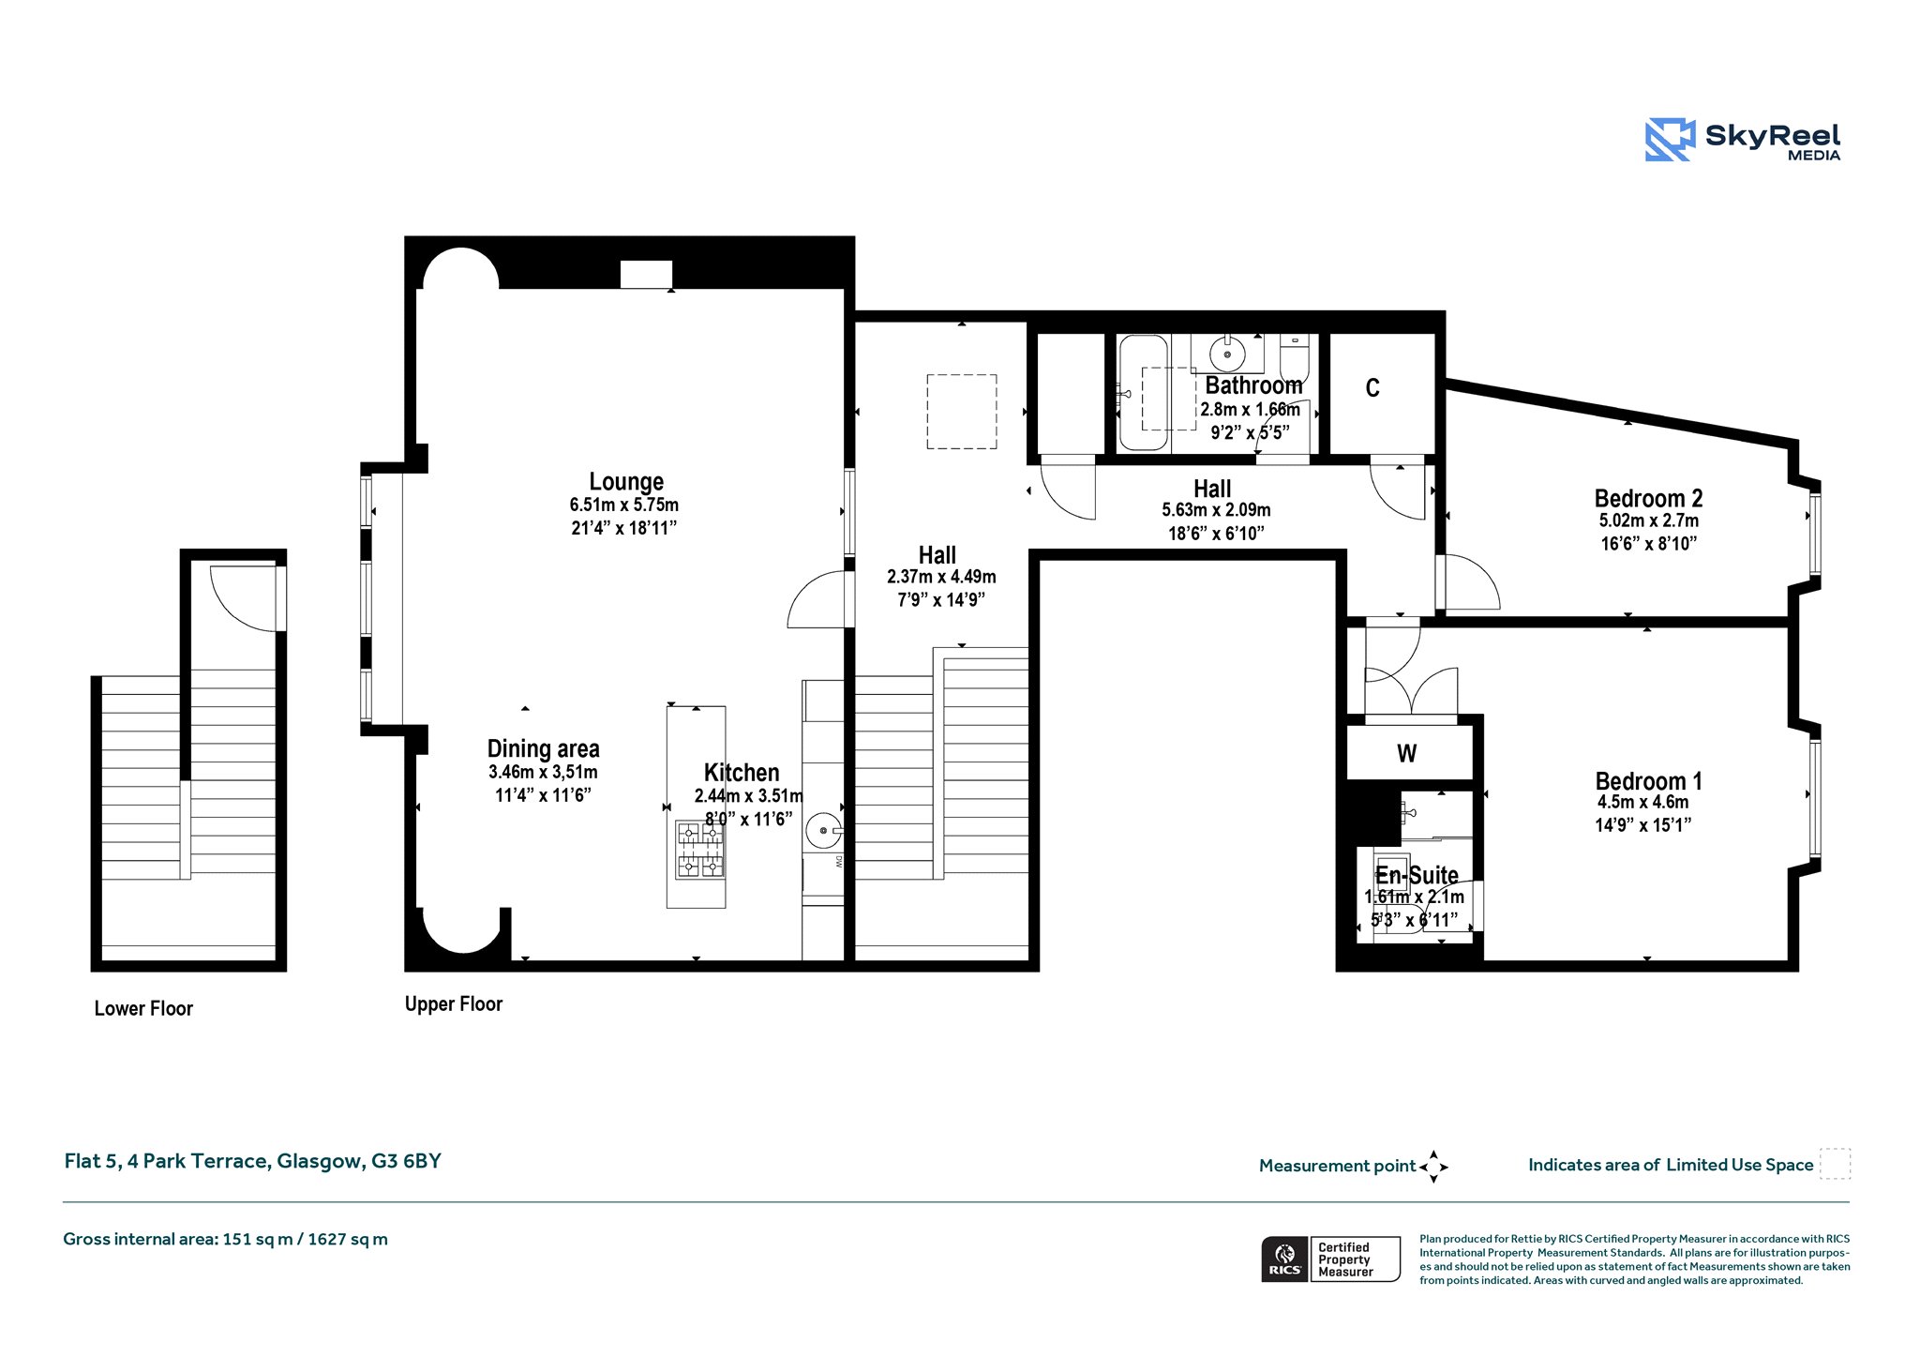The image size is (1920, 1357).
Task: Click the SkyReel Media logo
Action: click(x=1743, y=140)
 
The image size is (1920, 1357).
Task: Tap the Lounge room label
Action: click(x=626, y=482)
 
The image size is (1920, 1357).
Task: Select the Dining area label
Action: click(x=543, y=748)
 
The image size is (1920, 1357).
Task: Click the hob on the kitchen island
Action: click(x=700, y=849)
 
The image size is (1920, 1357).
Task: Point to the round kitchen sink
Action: click(x=823, y=831)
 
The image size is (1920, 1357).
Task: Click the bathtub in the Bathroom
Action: click(x=1143, y=393)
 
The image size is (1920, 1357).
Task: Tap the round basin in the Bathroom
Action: click(x=1227, y=354)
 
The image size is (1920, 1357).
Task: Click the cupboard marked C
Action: click(x=1383, y=393)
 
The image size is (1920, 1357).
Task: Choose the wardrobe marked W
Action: click(x=1409, y=752)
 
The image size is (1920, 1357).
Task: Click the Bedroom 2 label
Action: click(x=1648, y=498)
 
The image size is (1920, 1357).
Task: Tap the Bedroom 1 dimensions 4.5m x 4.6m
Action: click(x=1642, y=803)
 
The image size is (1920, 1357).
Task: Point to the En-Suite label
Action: click(x=1417, y=875)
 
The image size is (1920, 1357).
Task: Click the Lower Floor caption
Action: click(x=143, y=1008)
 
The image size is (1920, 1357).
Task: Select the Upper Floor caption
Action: click(x=454, y=1003)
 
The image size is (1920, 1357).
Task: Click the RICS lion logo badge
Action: click(x=1284, y=1259)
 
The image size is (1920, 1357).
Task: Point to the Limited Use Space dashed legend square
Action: click(x=1835, y=1164)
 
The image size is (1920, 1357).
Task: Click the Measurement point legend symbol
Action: click(x=1433, y=1167)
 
